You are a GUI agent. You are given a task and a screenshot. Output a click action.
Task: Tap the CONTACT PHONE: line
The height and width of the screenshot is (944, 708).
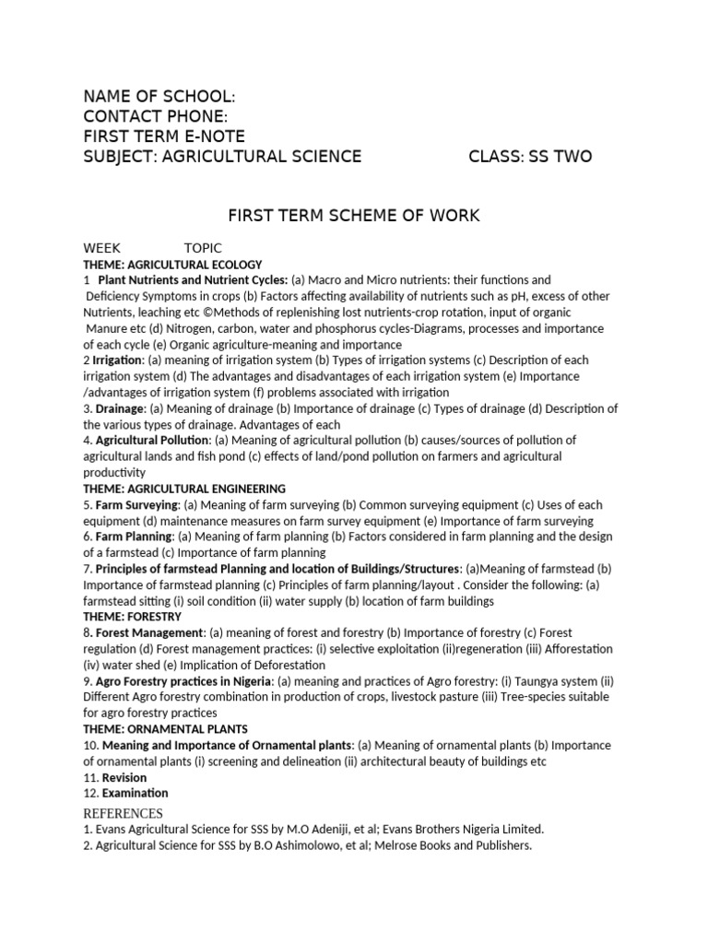[x=155, y=116]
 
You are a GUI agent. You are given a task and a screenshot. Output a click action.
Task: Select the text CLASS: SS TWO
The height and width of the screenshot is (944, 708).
[x=530, y=157]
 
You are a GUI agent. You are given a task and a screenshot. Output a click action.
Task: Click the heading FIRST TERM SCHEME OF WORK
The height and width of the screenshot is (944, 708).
[x=354, y=217]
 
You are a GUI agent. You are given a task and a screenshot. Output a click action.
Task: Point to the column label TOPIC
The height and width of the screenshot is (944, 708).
[x=203, y=249]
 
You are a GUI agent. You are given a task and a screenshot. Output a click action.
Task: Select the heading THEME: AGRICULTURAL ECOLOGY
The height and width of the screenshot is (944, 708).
[x=173, y=265]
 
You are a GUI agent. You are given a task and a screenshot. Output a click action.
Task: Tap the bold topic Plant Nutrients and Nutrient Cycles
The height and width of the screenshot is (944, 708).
[x=193, y=280]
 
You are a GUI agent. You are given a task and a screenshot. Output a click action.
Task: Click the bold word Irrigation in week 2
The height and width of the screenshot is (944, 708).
[x=118, y=360]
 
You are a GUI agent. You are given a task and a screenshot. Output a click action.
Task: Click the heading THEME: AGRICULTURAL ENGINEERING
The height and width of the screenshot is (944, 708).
[x=184, y=489]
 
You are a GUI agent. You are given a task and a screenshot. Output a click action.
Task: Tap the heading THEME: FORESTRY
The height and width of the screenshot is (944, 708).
[x=133, y=617]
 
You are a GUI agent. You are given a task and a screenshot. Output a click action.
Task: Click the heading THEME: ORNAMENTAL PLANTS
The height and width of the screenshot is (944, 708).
[x=166, y=729]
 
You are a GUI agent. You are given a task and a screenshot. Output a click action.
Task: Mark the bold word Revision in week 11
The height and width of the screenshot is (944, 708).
[x=124, y=777]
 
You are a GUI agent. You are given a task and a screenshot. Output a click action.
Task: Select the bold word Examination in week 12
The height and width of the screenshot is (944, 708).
[x=136, y=793]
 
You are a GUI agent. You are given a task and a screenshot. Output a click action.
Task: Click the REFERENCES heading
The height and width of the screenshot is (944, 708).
[x=124, y=813]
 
